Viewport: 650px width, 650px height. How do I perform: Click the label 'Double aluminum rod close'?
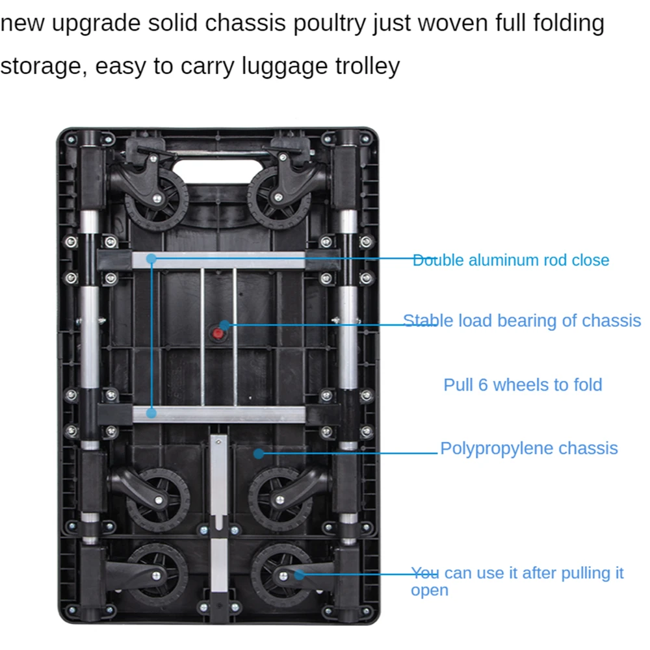click(x=511, y=260)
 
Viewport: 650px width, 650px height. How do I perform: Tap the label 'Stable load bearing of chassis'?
click(x=522, y=320)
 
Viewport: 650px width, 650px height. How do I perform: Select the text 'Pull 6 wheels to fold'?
click(x=523, y=384)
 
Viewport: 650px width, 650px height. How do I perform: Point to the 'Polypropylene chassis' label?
click(x=529, y=448)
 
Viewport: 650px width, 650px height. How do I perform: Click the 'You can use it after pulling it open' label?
click(x=517, y=581)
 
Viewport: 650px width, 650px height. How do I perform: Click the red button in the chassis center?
click(x=217, y=334)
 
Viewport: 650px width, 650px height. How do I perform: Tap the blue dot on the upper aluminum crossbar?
click(x=151, y=259)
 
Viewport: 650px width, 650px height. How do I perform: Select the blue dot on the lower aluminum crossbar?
click(x=151, y=413)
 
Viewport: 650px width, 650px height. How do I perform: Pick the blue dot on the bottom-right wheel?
click(x=298, y=574)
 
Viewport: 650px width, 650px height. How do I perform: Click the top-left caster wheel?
click(x=156, y=195)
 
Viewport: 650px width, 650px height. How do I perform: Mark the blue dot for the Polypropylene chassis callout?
click(x=259, y=453)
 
